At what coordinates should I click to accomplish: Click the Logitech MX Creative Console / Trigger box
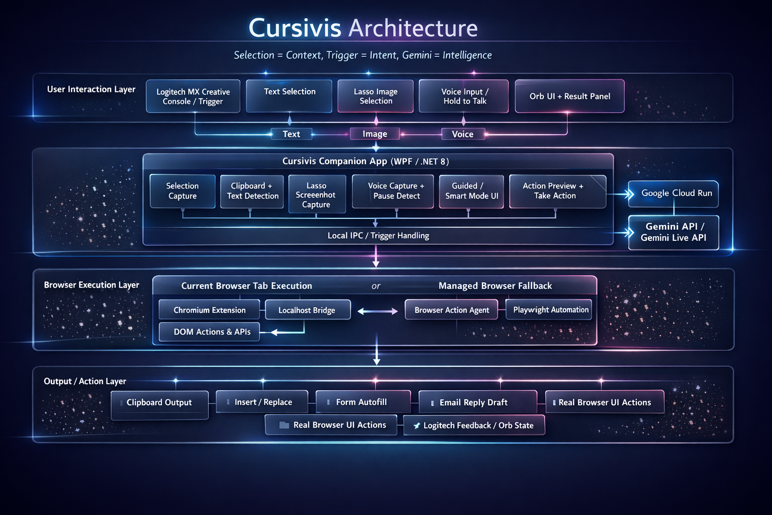[193, 97]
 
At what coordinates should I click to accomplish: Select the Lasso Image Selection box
[375, 96]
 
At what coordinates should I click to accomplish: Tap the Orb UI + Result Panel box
[569, 96]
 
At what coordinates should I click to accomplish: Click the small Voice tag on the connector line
[462, 134]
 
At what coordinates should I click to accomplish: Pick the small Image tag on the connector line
[375, 134]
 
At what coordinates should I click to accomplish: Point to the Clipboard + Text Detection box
[252, 191]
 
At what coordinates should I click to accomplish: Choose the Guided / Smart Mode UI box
[471, 191]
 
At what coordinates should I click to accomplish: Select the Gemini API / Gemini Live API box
[673, 232]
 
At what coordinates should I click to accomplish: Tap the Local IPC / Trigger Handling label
[378, 235]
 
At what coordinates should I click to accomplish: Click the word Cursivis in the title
[295, 28]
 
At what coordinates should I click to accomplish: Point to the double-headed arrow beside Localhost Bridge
[377, 311]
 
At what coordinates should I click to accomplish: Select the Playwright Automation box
[550, 310]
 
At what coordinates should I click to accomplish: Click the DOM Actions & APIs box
[212, 332]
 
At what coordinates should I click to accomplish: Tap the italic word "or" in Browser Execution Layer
[376, 286]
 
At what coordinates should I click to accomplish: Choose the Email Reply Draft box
[477, 402]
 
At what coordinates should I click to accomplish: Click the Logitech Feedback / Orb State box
[474, 425]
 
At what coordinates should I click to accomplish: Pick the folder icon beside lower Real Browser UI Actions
[284, 425]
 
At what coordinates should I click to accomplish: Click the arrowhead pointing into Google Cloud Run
[629, 194]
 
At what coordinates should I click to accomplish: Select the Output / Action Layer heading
[85, 381]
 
